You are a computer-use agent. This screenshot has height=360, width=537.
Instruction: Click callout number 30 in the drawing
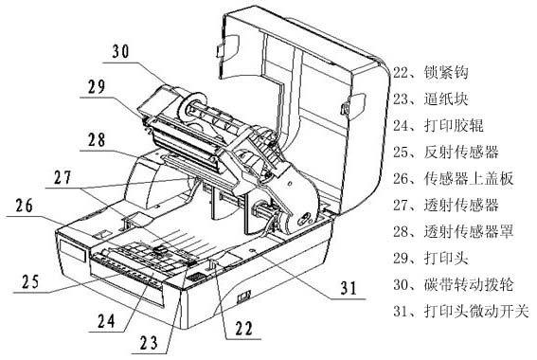coord(121,51)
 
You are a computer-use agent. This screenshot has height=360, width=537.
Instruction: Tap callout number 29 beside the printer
coord(97,86)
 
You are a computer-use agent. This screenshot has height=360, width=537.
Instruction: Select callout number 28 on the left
coord(97,140)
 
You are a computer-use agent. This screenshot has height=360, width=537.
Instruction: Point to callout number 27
coord(63,177)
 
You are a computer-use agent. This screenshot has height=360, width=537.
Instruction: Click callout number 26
coord(24,206)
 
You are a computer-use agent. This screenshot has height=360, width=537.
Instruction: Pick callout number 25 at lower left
coord(31,282)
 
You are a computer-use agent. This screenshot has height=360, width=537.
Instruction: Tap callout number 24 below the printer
coord(106,321)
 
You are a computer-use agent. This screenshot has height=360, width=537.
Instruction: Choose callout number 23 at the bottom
coord(149,343)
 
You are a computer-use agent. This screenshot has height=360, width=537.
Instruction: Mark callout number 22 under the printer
coord(243,328)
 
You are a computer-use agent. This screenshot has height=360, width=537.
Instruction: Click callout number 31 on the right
coord(349,288)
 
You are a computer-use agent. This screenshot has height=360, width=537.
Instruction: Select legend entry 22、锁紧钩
coord(431,73)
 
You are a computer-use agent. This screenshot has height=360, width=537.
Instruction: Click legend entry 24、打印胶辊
coord(438,126)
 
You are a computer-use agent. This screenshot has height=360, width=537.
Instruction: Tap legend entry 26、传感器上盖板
coord(453,179)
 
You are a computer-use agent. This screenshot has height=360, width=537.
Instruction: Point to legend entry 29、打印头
coord(431,258)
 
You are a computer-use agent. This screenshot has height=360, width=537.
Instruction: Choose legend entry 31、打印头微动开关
coord(461,311)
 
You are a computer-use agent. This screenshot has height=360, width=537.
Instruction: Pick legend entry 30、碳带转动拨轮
coord(453,284)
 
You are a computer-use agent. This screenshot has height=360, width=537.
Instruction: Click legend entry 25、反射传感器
coord(445,153)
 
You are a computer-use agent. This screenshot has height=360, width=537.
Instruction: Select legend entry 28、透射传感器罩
coord(453,231)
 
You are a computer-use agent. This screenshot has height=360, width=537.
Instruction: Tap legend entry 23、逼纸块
coord(431,99)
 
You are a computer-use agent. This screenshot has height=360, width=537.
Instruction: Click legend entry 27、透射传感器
coord(445,206)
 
